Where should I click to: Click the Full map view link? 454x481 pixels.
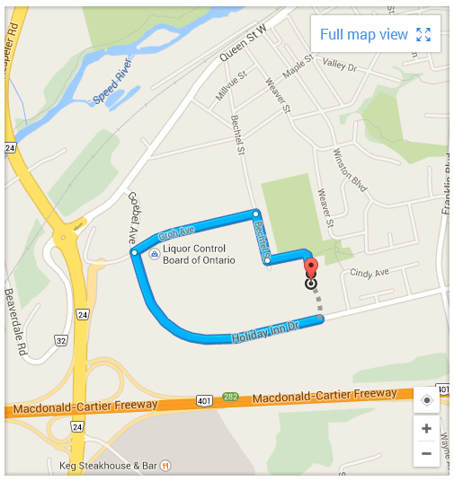click(x=364, y=34)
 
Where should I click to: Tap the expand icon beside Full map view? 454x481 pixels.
click(x=424, y=35)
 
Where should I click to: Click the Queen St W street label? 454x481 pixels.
click(x=245, y=46)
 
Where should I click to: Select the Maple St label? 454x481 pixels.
click(x=297, y=72)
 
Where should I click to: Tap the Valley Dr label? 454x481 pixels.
click(x=340, y=66)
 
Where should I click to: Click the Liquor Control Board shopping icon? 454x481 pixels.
click(x=155, y=255)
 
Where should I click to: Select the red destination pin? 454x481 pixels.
click(x=311, y=270)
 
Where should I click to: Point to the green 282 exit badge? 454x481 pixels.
click(x=231, y=396)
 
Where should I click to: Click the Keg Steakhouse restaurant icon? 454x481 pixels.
click(x=165, y=466)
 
